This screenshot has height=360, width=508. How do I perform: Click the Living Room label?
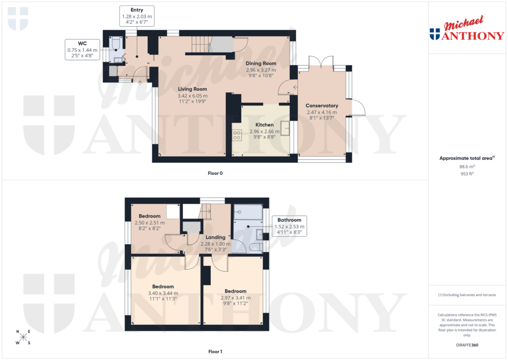[x=193, y=89]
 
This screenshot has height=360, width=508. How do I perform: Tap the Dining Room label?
[x=261, y=64]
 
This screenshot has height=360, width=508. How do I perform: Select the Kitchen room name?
[x=264, y=125]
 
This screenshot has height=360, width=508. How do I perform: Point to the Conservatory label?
[x=321, y=106]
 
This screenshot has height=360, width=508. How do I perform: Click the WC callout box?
[x=82, y=50]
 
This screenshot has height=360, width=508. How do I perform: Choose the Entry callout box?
[x=137, y=16]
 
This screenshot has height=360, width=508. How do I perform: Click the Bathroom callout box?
[x=289, y=226]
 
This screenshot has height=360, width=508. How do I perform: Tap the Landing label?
[x=215, y=237]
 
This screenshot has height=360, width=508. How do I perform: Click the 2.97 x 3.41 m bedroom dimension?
[x=236, y=298]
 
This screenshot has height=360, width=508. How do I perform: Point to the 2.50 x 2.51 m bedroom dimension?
[x=149, y=223]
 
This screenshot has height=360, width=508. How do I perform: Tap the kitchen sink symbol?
[x=286, y=128]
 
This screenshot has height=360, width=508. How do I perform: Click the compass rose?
[x=23, y=337]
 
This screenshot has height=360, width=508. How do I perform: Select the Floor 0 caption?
[x=215, y=173]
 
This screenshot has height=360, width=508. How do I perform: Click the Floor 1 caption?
[x=215, y=352]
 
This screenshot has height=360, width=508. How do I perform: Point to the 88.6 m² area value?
[x=467, y=167]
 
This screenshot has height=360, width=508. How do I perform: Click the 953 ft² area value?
[x=467, y=174]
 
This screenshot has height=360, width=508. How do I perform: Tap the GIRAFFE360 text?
[x=467, y=345]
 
